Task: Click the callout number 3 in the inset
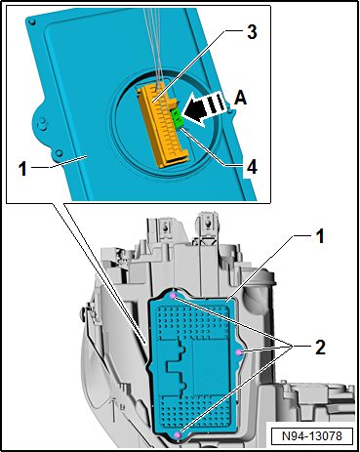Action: (252, 32)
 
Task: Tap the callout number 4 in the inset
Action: (252, 168)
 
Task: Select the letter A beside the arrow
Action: (240, 98)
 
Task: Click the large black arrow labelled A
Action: (204, 108)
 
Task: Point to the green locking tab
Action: (178, 118)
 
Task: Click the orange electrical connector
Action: (163, 124)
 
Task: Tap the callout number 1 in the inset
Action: (22, 169)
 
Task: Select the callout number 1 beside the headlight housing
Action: (320, 236)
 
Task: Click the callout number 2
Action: (320, 348)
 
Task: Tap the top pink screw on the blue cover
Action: (174, 296)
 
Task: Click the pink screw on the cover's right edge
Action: (239, 351)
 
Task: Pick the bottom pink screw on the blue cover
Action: (178, 435)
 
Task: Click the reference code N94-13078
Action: (312, 435)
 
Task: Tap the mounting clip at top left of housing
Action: (167, 226)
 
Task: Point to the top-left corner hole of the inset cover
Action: (32, 21)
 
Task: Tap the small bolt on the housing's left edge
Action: (84, 311)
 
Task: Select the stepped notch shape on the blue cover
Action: (177, 363)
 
